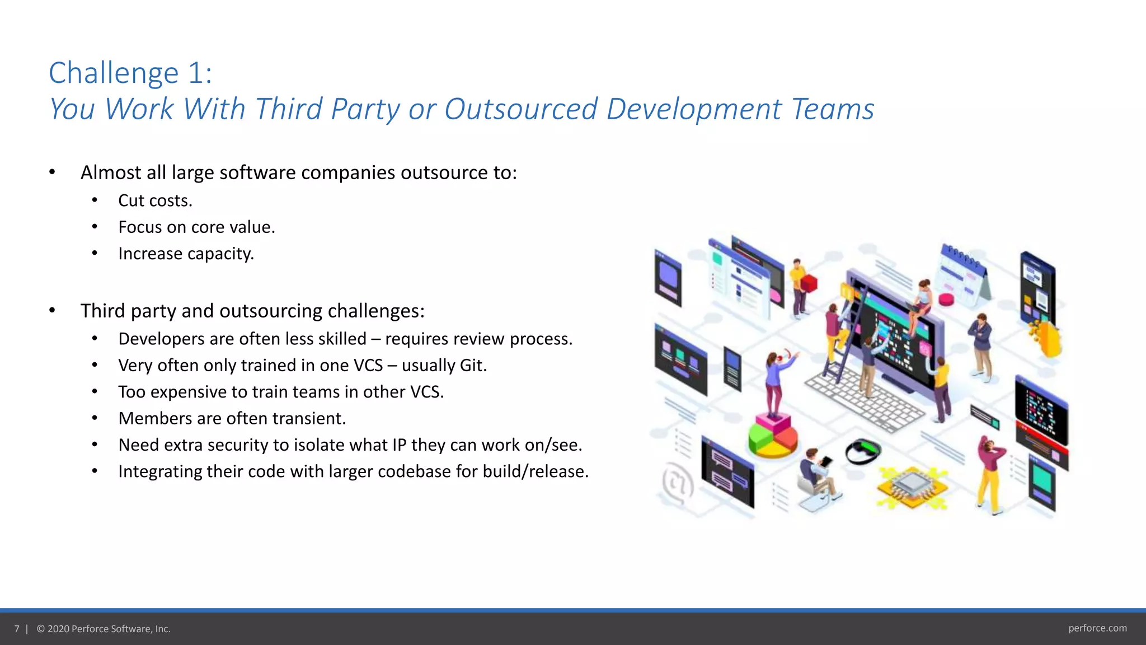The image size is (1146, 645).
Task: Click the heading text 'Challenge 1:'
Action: pos(130,73)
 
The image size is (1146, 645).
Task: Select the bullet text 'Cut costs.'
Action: pos(155,200)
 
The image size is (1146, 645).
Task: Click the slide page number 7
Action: pos(17,629)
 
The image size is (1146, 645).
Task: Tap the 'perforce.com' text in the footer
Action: pos(1097,628)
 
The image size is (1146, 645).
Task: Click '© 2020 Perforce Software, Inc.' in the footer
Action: pos(104,629)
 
